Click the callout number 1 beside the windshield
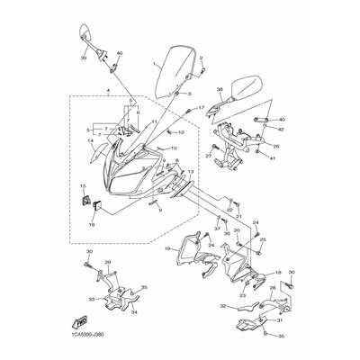(154, 64)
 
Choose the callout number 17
(202, 107)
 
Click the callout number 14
(90, 140)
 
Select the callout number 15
(82, 186)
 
